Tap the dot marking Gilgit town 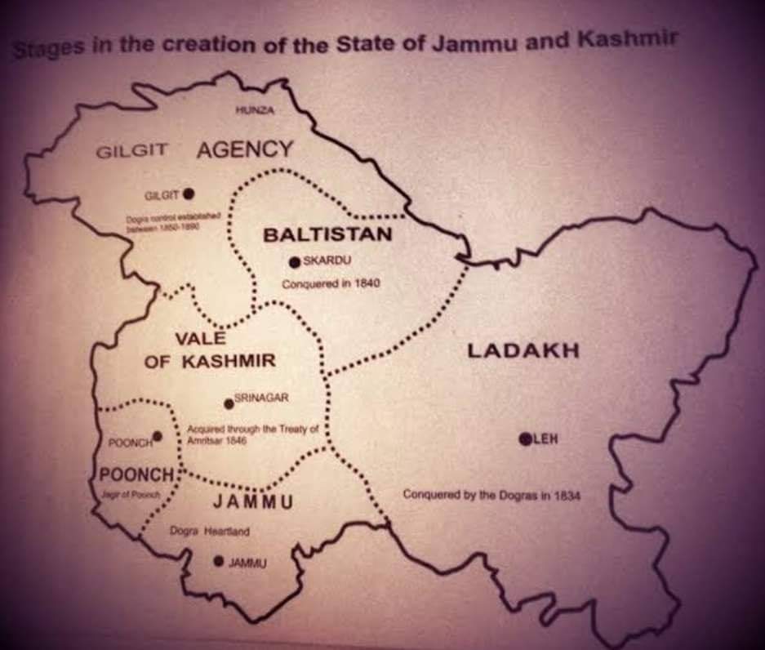(x=189, y=194)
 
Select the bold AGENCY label (x=244, y=149)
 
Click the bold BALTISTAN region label (x=327, y=235)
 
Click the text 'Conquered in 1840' (x=331, y=284)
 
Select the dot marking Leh (x=525, y=439)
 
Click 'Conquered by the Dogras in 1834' (x=491, y=495)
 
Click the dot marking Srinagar (x=229, y=403)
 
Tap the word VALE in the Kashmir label (x=200, y=339)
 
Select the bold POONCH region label (x=137, y=475)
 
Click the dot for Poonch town (x=158, y=436)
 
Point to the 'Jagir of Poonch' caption (x=135, y=495)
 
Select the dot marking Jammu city (x=218, y=561)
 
